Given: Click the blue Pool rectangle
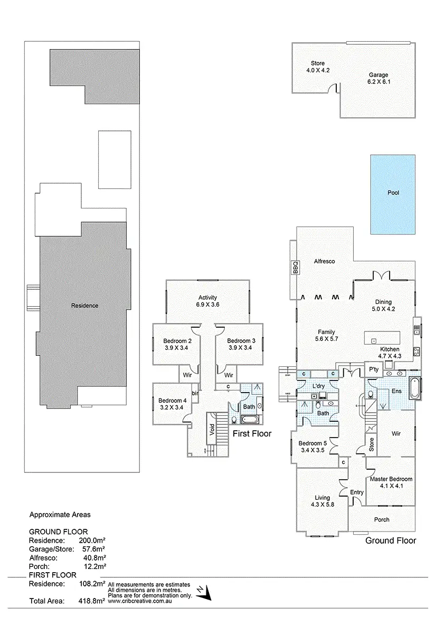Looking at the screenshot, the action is click(x=393, y=194).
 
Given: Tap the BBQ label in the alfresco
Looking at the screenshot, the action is click(x=295, y=267).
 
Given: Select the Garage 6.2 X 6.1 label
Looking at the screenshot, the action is click(x=378, y=78).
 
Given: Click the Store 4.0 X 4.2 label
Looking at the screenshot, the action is click(x=318, y=67).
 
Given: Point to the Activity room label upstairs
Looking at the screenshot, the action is click(x=207, y=301).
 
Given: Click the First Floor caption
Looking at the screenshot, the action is click(x=252, y=434).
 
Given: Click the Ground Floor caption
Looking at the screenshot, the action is click(x=391, y=540).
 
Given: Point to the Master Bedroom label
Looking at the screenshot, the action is click(x=391, y=482).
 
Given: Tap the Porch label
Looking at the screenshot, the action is click(x=382, y=520).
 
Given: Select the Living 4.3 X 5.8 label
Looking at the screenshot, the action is click(x=322, y=501).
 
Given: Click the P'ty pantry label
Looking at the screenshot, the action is click(x=374, y=369).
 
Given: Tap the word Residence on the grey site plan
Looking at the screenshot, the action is click(x=84, y=306).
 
